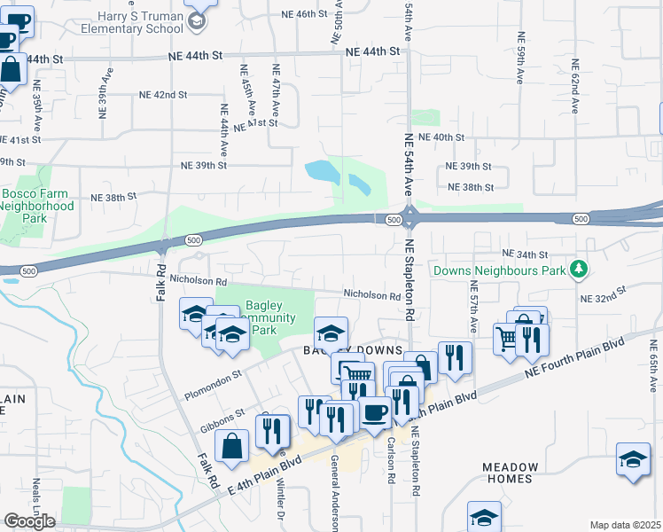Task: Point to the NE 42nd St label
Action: click(x=162, y=95)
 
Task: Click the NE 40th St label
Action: click(x=441, y=137)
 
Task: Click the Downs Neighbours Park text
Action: click(x=497, y=269)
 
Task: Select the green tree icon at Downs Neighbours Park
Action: click(x=579, y=267)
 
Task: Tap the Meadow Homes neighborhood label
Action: click(x=510, y=473)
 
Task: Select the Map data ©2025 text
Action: click(x=625, y=525)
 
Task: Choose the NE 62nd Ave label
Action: click(x=574, y=86)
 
